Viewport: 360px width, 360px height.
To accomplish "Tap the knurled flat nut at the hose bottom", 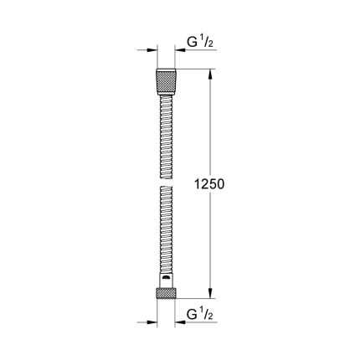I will click(x=167, y=293).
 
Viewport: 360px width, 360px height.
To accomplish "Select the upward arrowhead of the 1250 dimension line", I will click(x=208, y=74).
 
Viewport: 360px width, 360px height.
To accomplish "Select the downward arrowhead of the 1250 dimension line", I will click(x=208, y=293).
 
